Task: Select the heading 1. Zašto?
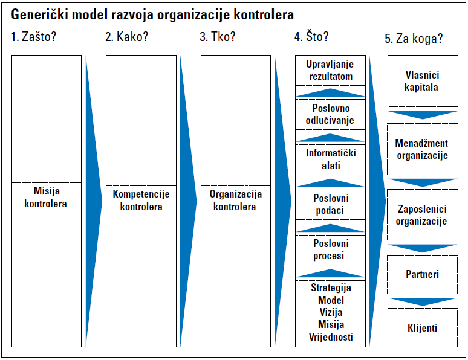coord(34,37)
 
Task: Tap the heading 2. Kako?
coord(126,37)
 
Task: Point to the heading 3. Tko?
coord(218,37)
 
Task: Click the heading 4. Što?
coord(311,37)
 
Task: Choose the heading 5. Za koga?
coord(414,39)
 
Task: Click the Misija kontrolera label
coord(46,197)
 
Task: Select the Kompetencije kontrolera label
coord(141,200)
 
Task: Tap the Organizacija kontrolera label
coord(235,200)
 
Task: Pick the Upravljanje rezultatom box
coord(330,71)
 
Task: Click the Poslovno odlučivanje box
coord(330,115)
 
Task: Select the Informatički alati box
coord(330,159)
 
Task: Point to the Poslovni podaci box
coord(330,205)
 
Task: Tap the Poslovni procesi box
coord(330,250)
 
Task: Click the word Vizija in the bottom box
coord(331,312)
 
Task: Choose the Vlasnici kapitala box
coord(423,81)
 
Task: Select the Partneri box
coord(422,274)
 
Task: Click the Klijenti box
coord(423,327)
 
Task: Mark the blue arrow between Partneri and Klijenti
coord(423,301)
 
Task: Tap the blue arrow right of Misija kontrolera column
coord(94,201)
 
